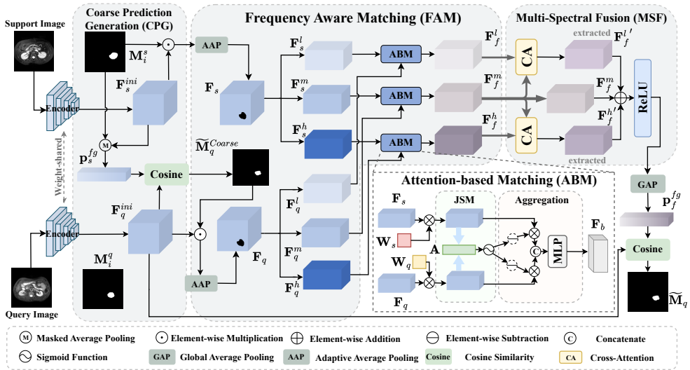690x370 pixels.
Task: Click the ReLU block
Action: (642, 98)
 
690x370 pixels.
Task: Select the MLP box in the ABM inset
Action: (558, 251)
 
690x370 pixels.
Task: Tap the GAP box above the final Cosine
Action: (647, 184)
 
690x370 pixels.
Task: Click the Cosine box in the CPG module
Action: (166, 174)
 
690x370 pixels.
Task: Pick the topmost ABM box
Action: (401, 54)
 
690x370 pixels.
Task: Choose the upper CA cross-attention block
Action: (526, 57)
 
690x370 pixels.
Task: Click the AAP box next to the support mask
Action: (212, 45)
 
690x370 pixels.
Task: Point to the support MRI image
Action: (34, 53)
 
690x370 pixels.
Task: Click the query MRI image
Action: (32, 288)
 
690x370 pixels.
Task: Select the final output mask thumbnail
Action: (647, 292)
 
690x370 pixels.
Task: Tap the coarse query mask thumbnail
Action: (250, 167)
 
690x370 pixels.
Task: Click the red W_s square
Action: (404, 240)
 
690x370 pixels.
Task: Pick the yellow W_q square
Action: (419, 262)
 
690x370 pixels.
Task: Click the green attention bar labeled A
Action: (459, 250)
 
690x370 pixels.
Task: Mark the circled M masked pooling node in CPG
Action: (105, 145)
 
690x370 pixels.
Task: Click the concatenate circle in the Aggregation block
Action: (534, 252)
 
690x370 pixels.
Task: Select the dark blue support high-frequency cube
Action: (328, 144)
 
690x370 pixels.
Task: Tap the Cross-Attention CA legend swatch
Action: (570, 357)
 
